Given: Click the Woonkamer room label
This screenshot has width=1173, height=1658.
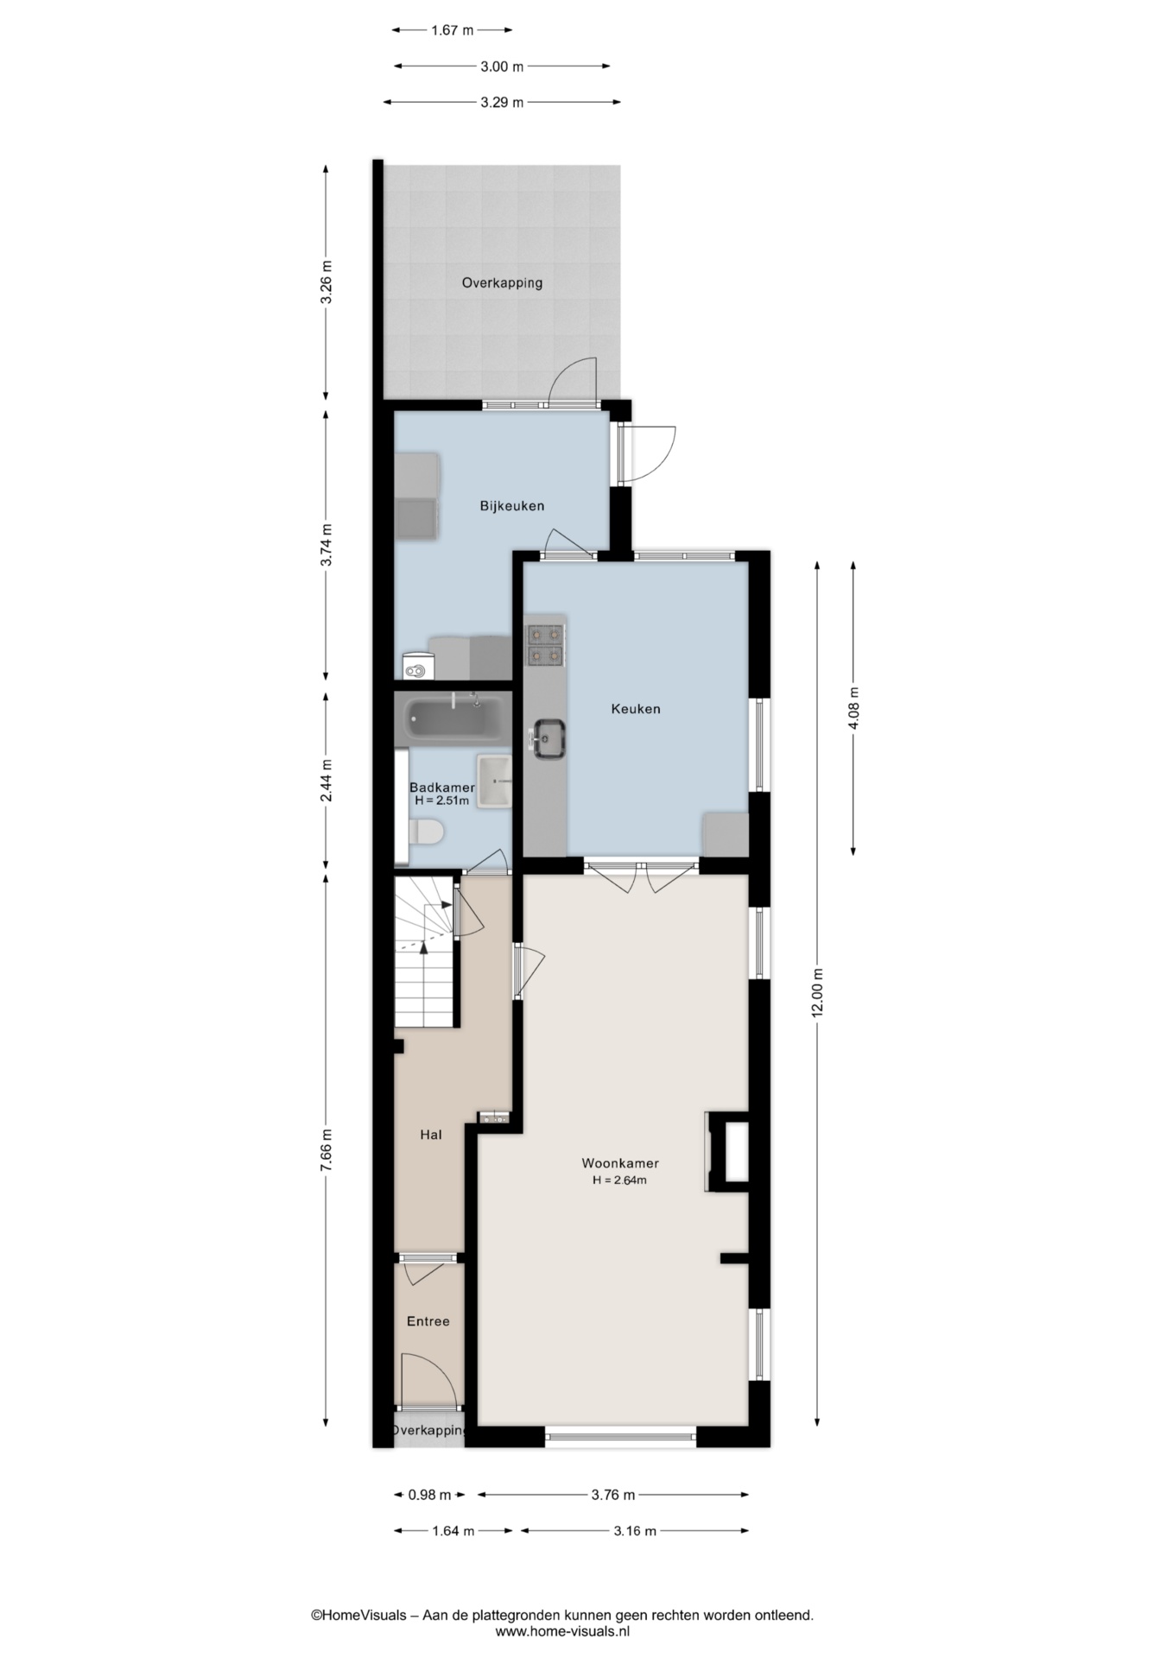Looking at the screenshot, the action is tap(620, 1163).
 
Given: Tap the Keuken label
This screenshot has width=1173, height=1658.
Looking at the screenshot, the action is tap(636, 709).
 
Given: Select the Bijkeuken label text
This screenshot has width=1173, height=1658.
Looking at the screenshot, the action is tap(512, 506).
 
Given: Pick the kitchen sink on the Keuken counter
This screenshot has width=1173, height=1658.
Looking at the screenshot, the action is tap(548, 739).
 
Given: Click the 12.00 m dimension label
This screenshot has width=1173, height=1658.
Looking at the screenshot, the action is tap(818, 993).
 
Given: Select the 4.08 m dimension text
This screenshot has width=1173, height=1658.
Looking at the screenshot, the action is tap(853, 708).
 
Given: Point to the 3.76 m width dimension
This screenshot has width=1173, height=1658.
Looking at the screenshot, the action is tap(613, 1495).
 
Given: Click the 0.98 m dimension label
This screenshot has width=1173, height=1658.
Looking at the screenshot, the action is tap(429, 1495).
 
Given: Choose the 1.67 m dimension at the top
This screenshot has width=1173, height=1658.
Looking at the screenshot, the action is tap(452, 30).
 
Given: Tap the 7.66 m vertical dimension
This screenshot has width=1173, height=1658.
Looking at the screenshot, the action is tap(326, 1150).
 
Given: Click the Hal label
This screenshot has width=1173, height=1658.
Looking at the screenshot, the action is tap(431, 1135).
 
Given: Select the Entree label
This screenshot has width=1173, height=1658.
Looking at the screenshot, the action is tap(428, 1321).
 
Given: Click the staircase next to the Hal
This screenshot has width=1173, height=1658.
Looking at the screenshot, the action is tap(426, 952).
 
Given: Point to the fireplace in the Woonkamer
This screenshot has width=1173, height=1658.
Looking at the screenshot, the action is tap(727, 1152).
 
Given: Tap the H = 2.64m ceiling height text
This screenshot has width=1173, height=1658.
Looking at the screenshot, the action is tap(620, 1180).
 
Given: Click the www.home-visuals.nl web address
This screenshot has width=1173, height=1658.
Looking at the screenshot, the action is tap(562, 1631).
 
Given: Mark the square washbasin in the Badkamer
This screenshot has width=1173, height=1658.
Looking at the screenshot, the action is tap(494, 781).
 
